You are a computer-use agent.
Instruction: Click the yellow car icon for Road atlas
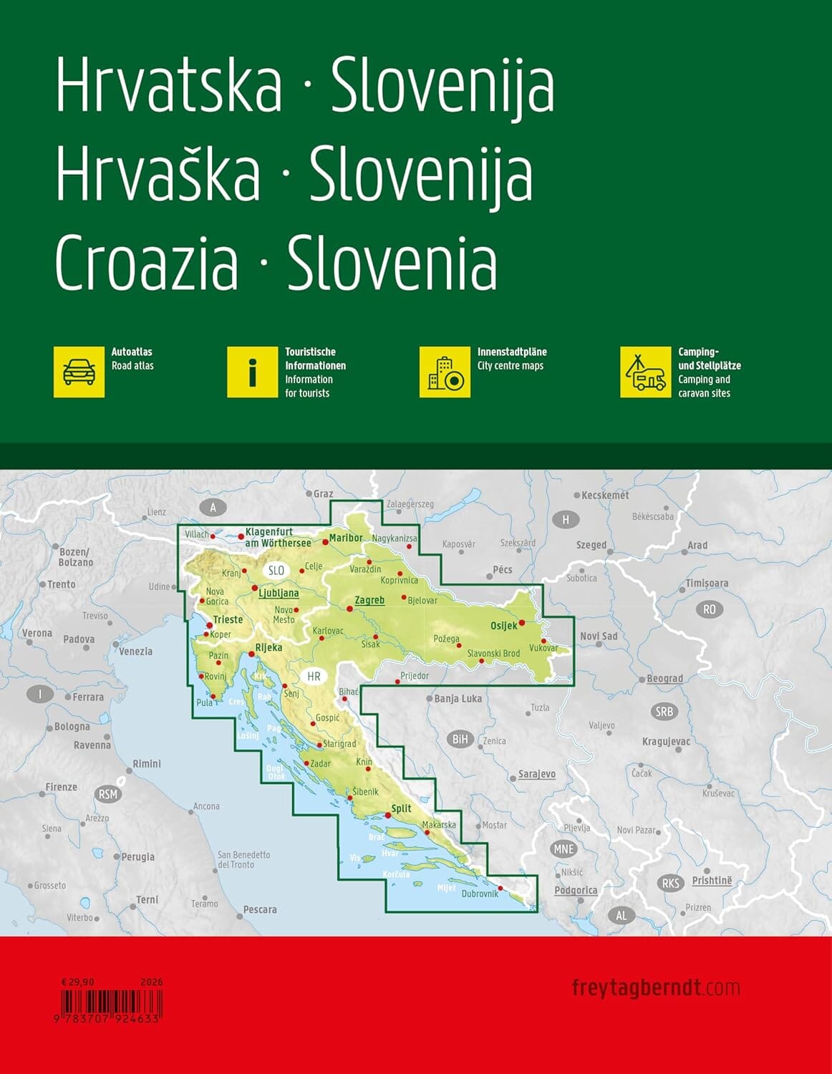pyautogui.click(x=79, y=372)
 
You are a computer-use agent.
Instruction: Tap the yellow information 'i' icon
pyautogui.click(x=253, y=372)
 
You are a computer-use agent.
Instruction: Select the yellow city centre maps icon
pyautogui.click(x=445, y=372)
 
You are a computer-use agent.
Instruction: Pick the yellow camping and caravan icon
pyautogui.click(x=645, y=372)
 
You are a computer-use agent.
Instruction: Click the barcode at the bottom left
pyautogui.click(x=110, y=1000)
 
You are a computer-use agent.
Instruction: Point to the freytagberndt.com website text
pyautogui.click(x=655, y=988)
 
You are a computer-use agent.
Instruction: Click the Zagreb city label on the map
pyautogui.click(x=369, y=600)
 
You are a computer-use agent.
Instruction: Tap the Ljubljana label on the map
pyautogui.click(x=279, y=593)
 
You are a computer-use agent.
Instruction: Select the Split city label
pyautogui.click(x=401, y=808)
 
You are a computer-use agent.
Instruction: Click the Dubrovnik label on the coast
pyautogui.click(x=480, y=894)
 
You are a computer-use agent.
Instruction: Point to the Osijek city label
pyautogui.click(x=503, y=626)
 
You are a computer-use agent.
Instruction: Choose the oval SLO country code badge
pyautogui.click(x=276, y=571)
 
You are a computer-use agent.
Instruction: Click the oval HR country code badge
pyautogui.click(x=314, y=676)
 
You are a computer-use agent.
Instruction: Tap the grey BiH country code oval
pyautogui.click(x=460, y=739)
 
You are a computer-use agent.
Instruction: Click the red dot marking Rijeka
pyautogui.click(x=251, y=654)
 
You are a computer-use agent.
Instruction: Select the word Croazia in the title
pyautogui.click(x=147, y=263)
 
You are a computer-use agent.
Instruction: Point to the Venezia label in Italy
pyautogui.click(x=135, y=652)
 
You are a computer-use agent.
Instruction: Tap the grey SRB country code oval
pyautogui.click(x=664, y=711)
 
